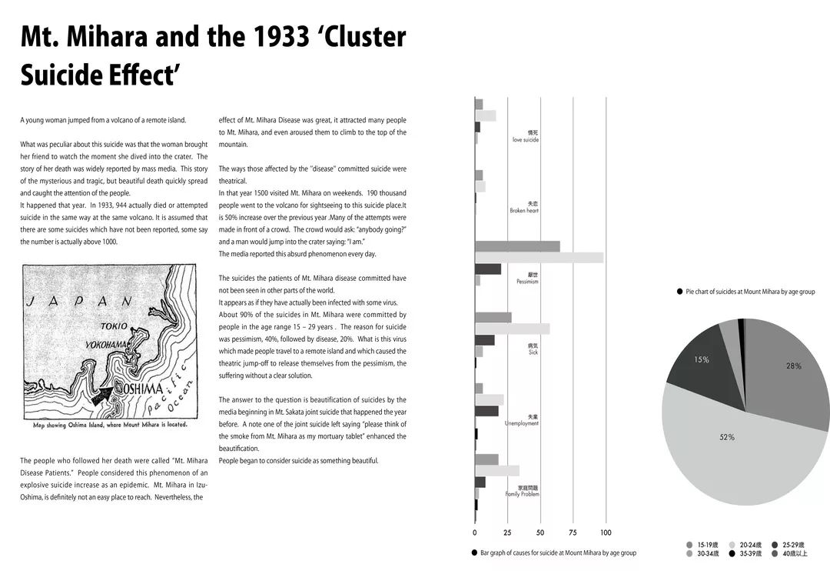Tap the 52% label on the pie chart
[726, 437]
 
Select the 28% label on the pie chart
[793, 366]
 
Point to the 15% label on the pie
[702, 359]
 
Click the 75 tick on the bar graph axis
[573, 533]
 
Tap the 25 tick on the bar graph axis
[507, 533]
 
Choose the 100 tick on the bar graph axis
[606, 533]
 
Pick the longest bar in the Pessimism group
[539, 258]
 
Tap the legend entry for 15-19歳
[706, 545]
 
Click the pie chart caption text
[750, 292]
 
